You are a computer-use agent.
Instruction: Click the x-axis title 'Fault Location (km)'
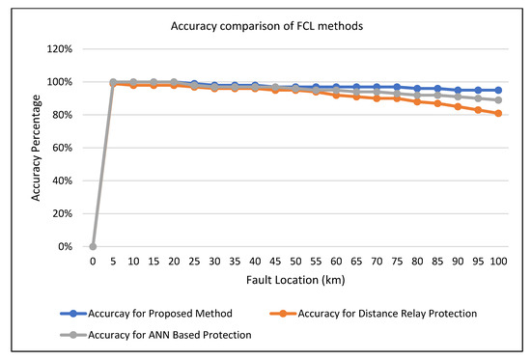click(x=293, y=280)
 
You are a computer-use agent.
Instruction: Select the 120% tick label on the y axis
click(x=61, y=49)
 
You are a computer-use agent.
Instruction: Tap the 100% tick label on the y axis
click(x=61, y=82)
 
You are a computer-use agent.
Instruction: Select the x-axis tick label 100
click(x=497, y=261)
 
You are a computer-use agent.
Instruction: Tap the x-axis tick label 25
click(x=194, y=261)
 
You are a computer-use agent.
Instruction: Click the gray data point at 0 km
click(x=93, y=246)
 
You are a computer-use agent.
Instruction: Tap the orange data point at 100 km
click(x=497, y=113)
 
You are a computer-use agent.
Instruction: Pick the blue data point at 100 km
click(x=497, y=90)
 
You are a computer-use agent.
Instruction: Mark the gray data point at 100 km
click(x=497, y=100)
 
